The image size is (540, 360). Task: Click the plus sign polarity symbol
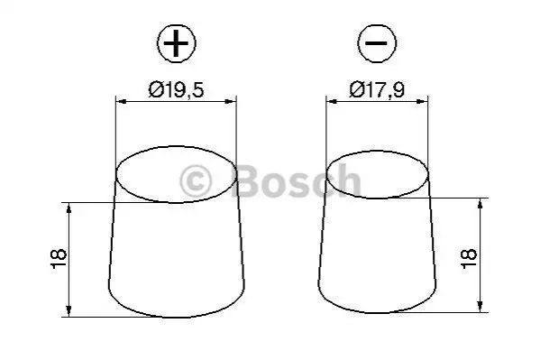point(177,43)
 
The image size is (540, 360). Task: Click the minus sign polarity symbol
point(377,43)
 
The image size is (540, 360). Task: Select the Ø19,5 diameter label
point(176,89)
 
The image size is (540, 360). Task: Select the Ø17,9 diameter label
point(377,89)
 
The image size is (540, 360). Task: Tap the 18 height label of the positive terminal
point(59,259)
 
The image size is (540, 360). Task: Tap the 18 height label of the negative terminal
point(469,259)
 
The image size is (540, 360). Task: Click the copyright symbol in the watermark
point(196,181)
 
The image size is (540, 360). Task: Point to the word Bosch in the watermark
point(297,180)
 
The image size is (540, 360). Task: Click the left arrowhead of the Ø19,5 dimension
point(121,101)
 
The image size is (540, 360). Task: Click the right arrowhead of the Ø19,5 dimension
point(232,101)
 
